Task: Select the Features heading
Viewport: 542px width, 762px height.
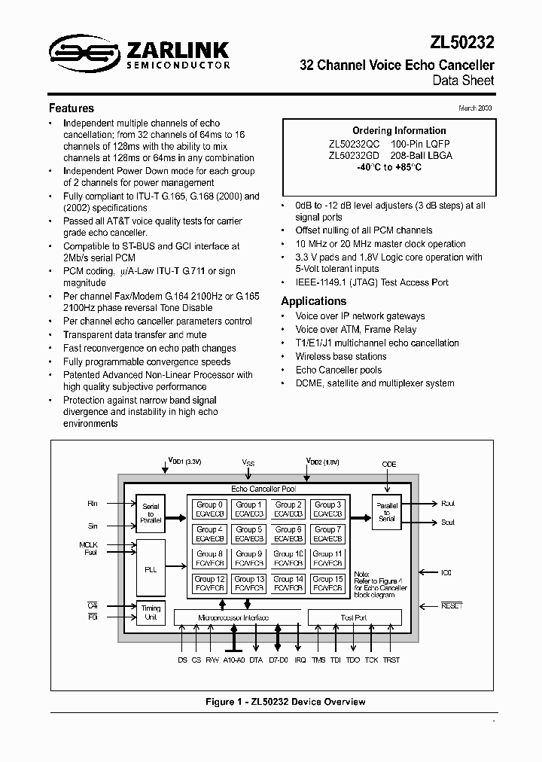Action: pos(72,108)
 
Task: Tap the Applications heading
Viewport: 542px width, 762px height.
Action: pos(313,301)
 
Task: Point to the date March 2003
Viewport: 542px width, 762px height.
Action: pos(476,108)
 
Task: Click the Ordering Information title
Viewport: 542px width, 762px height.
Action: pos(388,130)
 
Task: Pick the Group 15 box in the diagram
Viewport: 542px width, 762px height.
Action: pos(327,584)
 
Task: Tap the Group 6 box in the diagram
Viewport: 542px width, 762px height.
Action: pos(288,535)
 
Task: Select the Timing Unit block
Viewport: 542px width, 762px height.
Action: pos(151,613)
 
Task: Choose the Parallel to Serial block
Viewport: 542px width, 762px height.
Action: pos(388,512)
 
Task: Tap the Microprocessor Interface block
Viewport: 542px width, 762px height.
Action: pos(234,617)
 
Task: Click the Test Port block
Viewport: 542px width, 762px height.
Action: pos(354,617)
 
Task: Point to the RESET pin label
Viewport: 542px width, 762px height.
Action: pos(452,605)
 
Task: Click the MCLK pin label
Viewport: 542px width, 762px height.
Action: pos(89,544)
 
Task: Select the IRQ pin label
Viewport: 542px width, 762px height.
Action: pos(300,660)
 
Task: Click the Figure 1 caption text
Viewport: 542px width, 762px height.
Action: pos(285,702)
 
